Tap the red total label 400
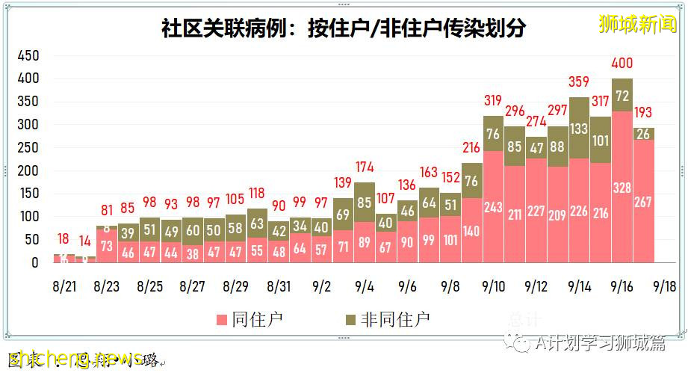pos(622,64)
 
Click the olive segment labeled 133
pos(578,129)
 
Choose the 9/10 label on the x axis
pos(493,286)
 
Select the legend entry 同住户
pos(250,320)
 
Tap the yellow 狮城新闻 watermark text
pos(637,24)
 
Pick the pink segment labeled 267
pos(643,202)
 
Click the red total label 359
pos(578,82)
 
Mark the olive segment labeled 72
pos(622,95)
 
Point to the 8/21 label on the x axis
pos(65,286)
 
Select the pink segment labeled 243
pos(492,206)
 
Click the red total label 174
pos(365,167)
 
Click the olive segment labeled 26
pos(643,134)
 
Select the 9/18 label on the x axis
pos(665,286)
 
